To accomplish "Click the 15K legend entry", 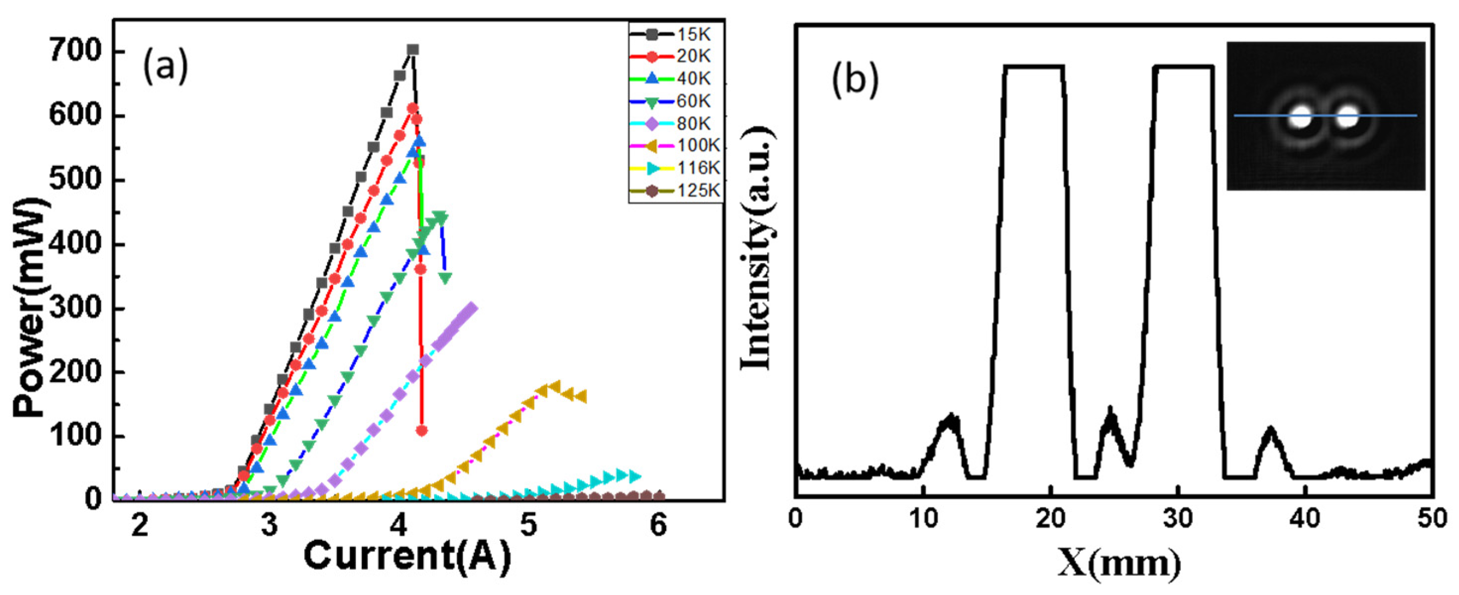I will click(x=674, y=34).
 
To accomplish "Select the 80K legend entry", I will click(x=674, y=123).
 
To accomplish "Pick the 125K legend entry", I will click(x=674, y=191).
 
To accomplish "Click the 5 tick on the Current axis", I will click(x=528, y=525).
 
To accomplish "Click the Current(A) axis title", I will click(x=407, y=556).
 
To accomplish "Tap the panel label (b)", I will click(x=855, y=79).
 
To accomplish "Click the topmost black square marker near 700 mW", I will click(x=413, y=50).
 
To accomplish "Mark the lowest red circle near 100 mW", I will click(x=422, y=431).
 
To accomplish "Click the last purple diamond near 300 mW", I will click(x=471, y=308).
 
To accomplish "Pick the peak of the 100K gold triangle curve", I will click(x=555, y=386).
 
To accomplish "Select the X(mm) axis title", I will click(x=1119, y=563).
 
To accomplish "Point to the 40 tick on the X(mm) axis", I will click(x=1305, y=519).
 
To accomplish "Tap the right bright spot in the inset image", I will click(x=1348, y=118).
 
